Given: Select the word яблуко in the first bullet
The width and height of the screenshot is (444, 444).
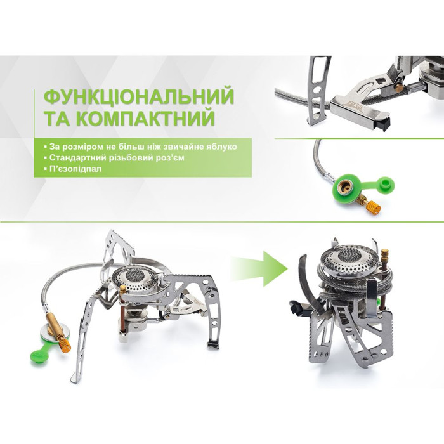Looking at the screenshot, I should (x=220, y=146).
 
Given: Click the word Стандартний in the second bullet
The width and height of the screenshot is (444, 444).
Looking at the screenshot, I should (x=72, y=158).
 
